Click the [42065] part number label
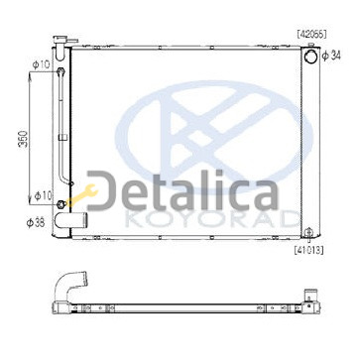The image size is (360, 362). click(311, 34)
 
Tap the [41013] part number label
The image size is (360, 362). click(308, 250)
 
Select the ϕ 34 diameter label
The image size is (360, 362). click(331, 56)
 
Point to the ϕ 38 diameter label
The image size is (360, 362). click(36, 223)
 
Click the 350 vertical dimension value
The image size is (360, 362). click(24, 139)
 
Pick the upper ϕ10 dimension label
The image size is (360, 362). click(42, 64)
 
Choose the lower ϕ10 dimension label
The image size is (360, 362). click(44, 196)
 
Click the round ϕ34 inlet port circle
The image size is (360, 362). click(310, 57)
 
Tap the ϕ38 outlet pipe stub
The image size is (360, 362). click(70, 220)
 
